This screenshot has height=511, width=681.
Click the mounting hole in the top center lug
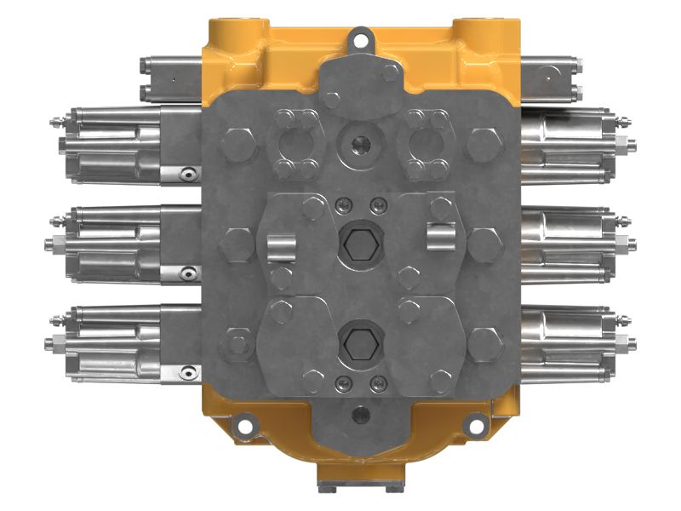(359, 38)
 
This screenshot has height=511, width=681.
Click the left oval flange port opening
(295, 142)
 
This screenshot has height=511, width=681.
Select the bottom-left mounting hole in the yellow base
(245, 422)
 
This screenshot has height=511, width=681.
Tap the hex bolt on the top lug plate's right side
(390, 73)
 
